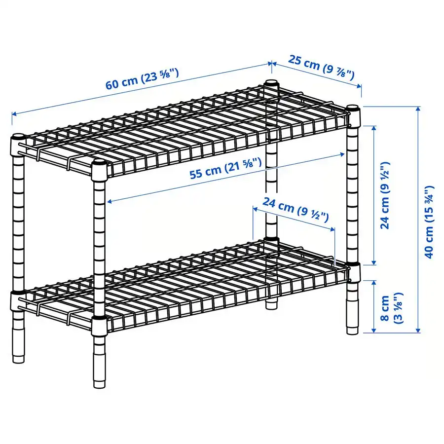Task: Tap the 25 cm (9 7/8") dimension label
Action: (x=321, y=68)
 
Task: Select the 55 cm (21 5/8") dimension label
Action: (x=225, y=169)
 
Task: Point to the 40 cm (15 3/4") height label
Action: (x=429, y=222)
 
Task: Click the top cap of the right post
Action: (x=353, y=108)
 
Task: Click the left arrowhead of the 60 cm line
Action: (x=13, y=114)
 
